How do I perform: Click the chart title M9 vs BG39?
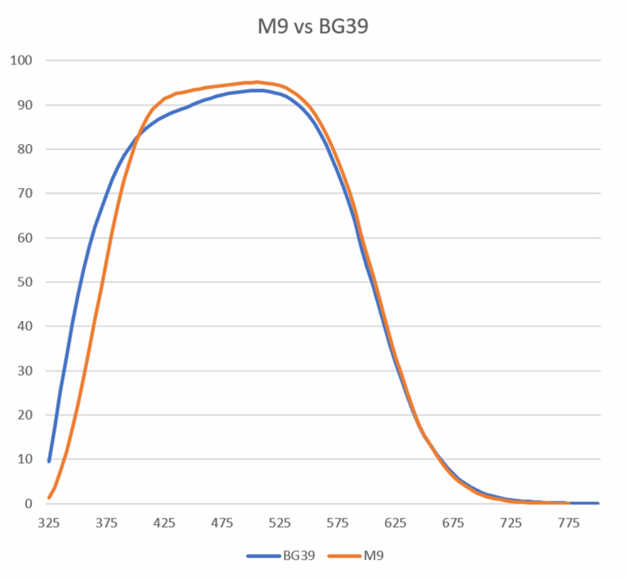point(313,26)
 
